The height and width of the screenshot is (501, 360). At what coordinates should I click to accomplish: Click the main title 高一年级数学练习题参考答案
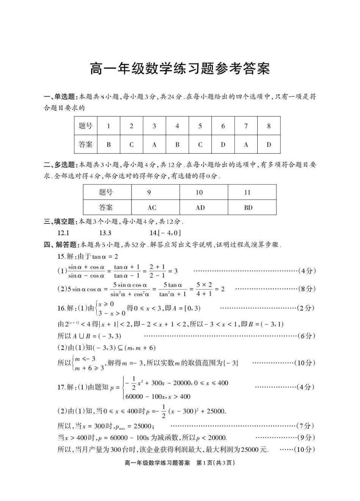click(x=180, y=69)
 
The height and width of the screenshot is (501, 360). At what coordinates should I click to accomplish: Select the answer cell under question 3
click(x=154, y=144)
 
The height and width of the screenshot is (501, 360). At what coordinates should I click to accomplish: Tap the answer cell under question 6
click(x=223, y=144)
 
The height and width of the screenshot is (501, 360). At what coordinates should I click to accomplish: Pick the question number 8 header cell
click(x=269, y=126)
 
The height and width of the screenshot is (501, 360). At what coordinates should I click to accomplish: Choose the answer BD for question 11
click(x=248, y=208)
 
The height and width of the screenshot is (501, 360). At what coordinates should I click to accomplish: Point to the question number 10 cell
click(x=199, y=192)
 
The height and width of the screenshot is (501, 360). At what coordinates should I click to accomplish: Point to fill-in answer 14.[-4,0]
click(x=165, y=233)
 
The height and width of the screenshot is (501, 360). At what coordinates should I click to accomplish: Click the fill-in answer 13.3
click(x=105, y=233)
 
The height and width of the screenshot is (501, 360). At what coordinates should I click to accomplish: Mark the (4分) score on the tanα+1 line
click(x=307, y=271)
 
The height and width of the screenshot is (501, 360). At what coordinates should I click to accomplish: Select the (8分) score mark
click(x=307, y=289)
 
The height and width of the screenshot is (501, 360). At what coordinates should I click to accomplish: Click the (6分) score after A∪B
click(x=307, y=336)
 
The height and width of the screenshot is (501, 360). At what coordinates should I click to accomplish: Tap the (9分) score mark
click(x=307, y=438)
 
